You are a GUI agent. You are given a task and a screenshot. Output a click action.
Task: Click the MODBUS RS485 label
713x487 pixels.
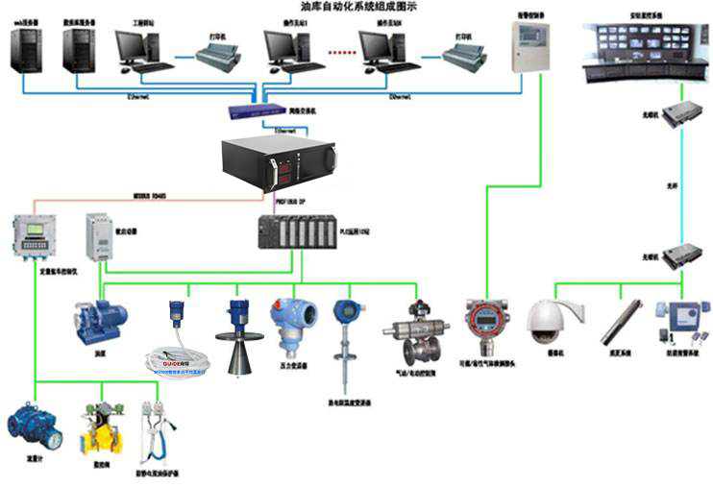pos(150,196)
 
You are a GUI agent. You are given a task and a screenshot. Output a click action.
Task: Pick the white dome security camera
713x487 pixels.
pos(553,321)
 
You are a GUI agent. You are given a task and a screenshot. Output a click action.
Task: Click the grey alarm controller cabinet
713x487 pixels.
pos(528,47)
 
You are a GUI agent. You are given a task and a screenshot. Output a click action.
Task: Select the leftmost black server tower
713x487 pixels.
pos(27,48)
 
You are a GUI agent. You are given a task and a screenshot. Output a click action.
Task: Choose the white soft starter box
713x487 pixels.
pos(99,236)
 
